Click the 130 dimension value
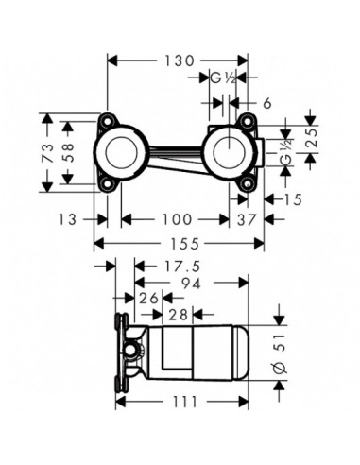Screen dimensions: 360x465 [x=179, y=60]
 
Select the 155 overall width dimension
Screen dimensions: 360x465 [x=184, y=244]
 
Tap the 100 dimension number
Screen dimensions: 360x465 [x=177, y=219]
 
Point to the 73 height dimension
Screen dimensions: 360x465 [x=47, y=153]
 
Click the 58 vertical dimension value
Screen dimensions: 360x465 [x=67, y=152]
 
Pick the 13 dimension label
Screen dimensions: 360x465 [x=67, y=219]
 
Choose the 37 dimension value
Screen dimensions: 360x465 [x=246, y=219]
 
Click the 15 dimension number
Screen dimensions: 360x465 [x=293, y=199]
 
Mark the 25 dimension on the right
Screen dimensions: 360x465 [x=312, y=139]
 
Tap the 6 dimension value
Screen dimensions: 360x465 [x=267, y=103]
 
